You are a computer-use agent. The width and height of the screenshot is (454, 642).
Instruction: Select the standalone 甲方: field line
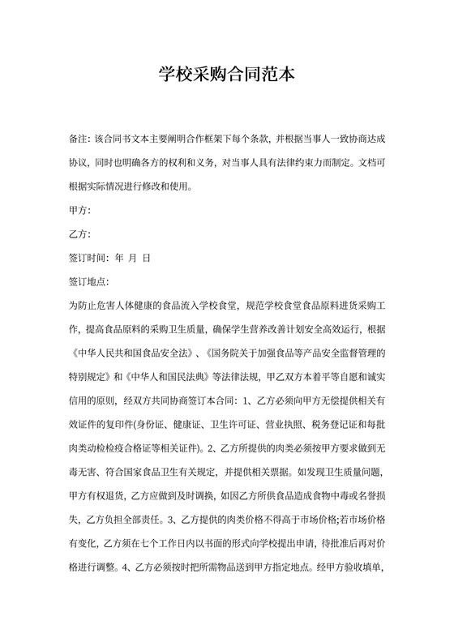(80, 212)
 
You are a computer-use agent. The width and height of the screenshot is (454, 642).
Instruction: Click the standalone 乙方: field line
(80, 235)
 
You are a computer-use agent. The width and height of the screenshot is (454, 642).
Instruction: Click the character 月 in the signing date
(134, 259)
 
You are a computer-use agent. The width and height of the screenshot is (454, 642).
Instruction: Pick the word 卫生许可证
(232, 423)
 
